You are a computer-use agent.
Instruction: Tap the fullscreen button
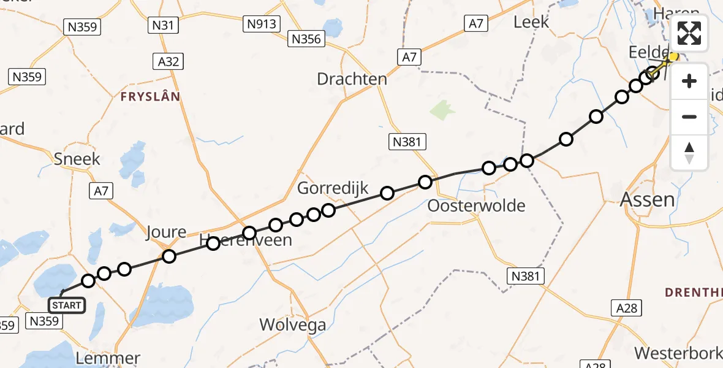pos(690,34)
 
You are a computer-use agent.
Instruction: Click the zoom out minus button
pos(690,117)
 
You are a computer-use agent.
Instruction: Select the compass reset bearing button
pos(690,153)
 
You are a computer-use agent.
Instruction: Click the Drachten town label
pos(352,79)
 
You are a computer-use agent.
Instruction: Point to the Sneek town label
pos(77,159)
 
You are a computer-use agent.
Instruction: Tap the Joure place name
pos(166,232)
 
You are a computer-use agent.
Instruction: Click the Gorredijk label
pos(333,188)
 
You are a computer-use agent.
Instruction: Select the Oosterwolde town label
pos(476,205)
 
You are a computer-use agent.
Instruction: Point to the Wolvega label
pos(293,324)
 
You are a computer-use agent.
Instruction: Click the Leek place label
pos(531,21)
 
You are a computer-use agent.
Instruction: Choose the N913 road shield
pos(262,25)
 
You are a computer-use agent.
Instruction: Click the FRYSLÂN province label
pos(150,97)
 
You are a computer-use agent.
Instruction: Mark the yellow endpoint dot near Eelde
pos(673,57)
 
